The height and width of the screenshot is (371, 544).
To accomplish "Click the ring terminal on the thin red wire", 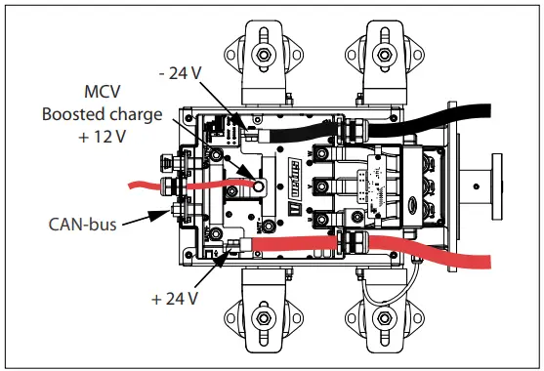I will click(x=260, y=183).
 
